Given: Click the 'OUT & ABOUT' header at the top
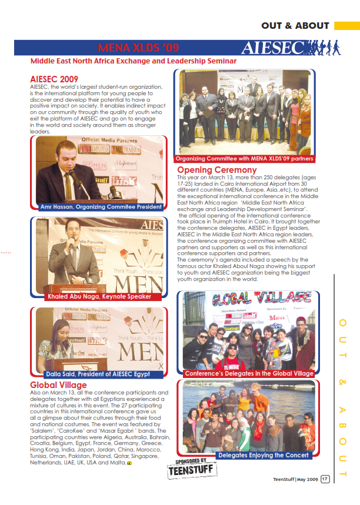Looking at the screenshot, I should (295, 25).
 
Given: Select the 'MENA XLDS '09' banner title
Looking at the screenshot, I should (138, 47).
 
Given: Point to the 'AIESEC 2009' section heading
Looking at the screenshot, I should (54, 79).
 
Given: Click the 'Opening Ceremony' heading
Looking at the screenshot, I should (217, 170).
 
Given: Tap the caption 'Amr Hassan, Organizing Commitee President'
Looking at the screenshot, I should (101, 207).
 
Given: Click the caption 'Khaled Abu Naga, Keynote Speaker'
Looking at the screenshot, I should (98, 296).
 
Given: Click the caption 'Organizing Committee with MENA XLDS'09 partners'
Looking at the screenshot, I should (245, 159).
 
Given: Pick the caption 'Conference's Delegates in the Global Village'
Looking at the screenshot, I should (249, 373).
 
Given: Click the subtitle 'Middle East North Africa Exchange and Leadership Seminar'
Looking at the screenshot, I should (134, 61).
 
